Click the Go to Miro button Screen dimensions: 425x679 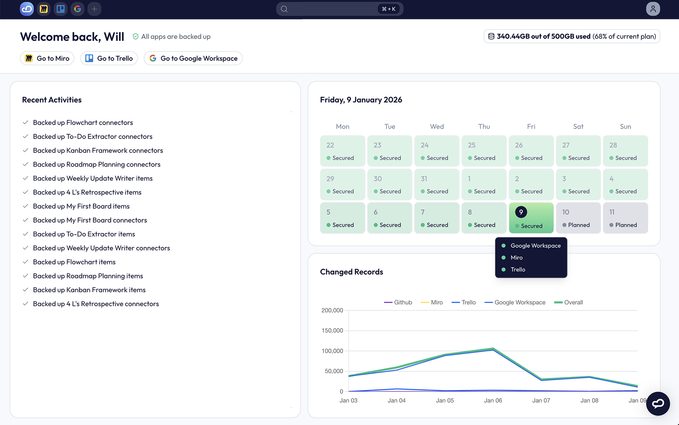click(47, 58)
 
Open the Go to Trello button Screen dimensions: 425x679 click(109, 58)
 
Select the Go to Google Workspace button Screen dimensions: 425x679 click(193, 58)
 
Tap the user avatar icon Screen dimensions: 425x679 click(653, 9)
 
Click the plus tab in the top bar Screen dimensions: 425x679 click(94, 9)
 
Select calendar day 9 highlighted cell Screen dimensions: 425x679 click(531, 218)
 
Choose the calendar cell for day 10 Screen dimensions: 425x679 click(578, 218)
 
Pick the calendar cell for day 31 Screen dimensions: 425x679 click(437, 184)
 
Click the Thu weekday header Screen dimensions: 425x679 click(484, 127)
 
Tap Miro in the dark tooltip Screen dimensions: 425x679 click(516, 258)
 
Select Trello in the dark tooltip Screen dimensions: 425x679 click(518, 269)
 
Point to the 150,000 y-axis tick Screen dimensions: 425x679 click(332, 331)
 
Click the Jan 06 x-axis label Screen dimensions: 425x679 click(493, 400)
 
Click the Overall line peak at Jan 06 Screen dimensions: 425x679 click(493, 348)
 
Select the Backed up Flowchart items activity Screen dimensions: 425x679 click(74, 262)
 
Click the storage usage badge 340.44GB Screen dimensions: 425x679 click(572, 37)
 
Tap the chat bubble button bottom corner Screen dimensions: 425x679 click(658, 403)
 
